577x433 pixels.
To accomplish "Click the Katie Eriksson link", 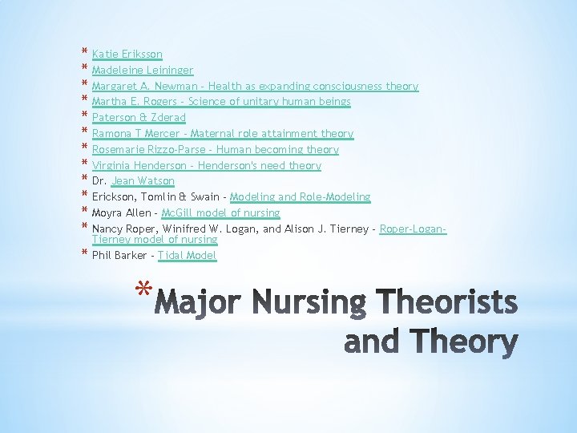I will point(127,55).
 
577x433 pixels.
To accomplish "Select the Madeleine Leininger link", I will point(142,71).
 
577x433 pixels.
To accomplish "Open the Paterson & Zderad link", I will point(139,118).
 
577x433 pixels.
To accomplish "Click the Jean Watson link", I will point(143,181).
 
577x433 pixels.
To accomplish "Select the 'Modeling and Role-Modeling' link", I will point(300,197).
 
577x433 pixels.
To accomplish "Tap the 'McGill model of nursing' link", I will point(220,213).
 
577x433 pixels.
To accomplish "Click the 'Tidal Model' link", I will point(187,256).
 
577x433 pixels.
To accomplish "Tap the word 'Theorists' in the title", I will point(446,302).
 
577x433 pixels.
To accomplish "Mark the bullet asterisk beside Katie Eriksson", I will point(83,53).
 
